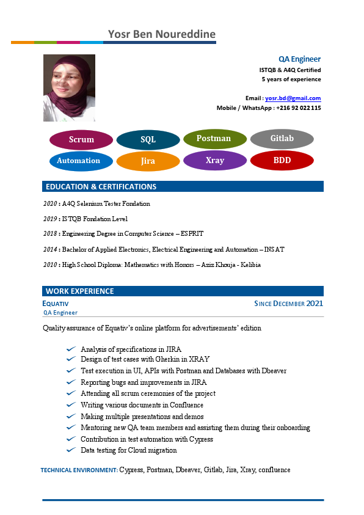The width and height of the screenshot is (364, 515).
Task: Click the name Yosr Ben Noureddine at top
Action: pyautogui.click(x=161, y=34)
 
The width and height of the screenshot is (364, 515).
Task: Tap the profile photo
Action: pyautogui.click(x=69, y=88)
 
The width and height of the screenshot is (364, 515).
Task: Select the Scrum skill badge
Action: pyautogui.click(x=81, y=140)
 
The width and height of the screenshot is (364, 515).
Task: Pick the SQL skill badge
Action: pyautogui.click(x=148, y=140)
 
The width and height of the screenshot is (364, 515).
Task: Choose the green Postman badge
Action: pyautogui.click(x=214, y=139)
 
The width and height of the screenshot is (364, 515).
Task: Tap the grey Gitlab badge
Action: pyautogui.click(x=282, y=139)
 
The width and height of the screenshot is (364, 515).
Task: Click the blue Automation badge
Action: pyautogui.click(x=78, y=161)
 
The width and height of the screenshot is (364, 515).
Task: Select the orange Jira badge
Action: pyautogui.click(x=148, y=161)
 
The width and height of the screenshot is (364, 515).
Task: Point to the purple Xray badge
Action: pyautogui.click(x=214, y=160)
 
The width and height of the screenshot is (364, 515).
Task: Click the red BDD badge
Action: pyautogui.click(x=282, y=160)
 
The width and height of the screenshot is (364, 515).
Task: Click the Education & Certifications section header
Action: pyautogui.click(x=101, y=187)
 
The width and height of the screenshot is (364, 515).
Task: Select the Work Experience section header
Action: pyautogui.click(x=79, y=291)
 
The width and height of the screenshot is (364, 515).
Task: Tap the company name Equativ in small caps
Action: pyautogui.click(x=56, y=304)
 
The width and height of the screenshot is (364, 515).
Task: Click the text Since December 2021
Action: pyautogui.click(x=288, y=304)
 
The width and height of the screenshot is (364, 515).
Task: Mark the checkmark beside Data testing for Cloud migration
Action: pyautogui.click(x=71, y=450)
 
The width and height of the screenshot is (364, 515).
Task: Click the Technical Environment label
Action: pyautogui.click(x=79, y=470)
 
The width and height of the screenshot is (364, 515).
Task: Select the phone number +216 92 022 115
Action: pyautogui.click(x=298, y=108)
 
